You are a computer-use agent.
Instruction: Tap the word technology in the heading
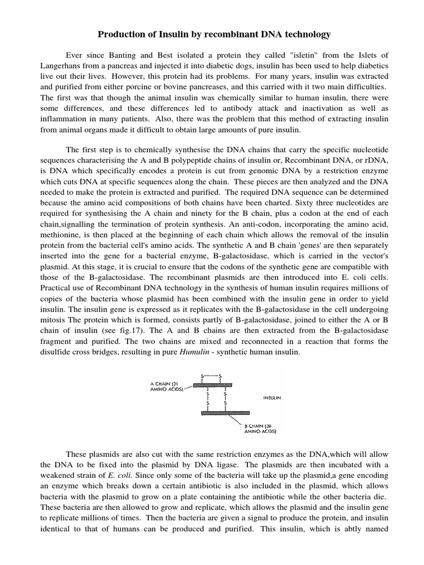point(306,35)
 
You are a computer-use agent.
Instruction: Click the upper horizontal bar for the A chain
point(213,385)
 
